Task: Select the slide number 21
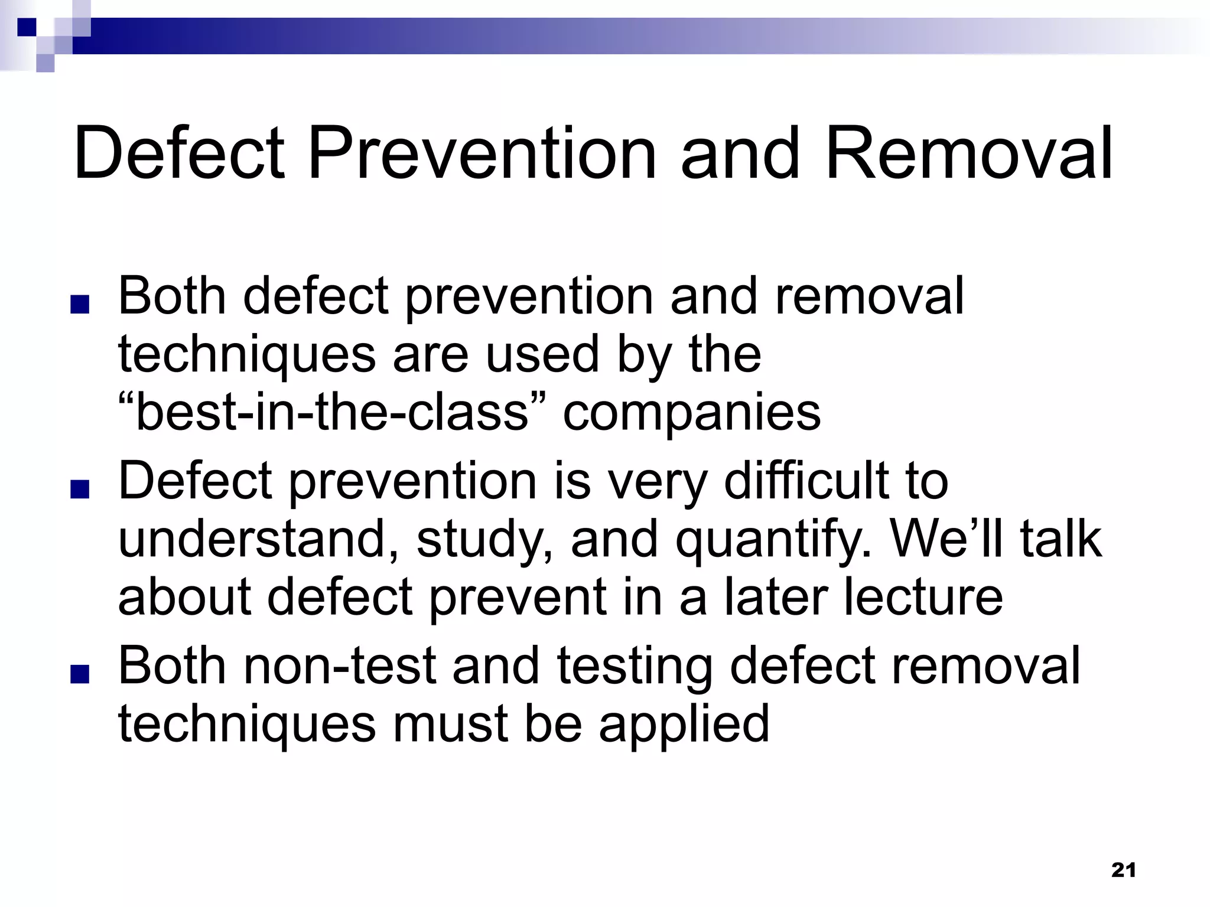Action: pyautogui.click(x=1123, y=870)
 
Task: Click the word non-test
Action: pyautogui.click(x=340, y=666)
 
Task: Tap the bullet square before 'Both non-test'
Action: pyautogui.click(x=79, y=675)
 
